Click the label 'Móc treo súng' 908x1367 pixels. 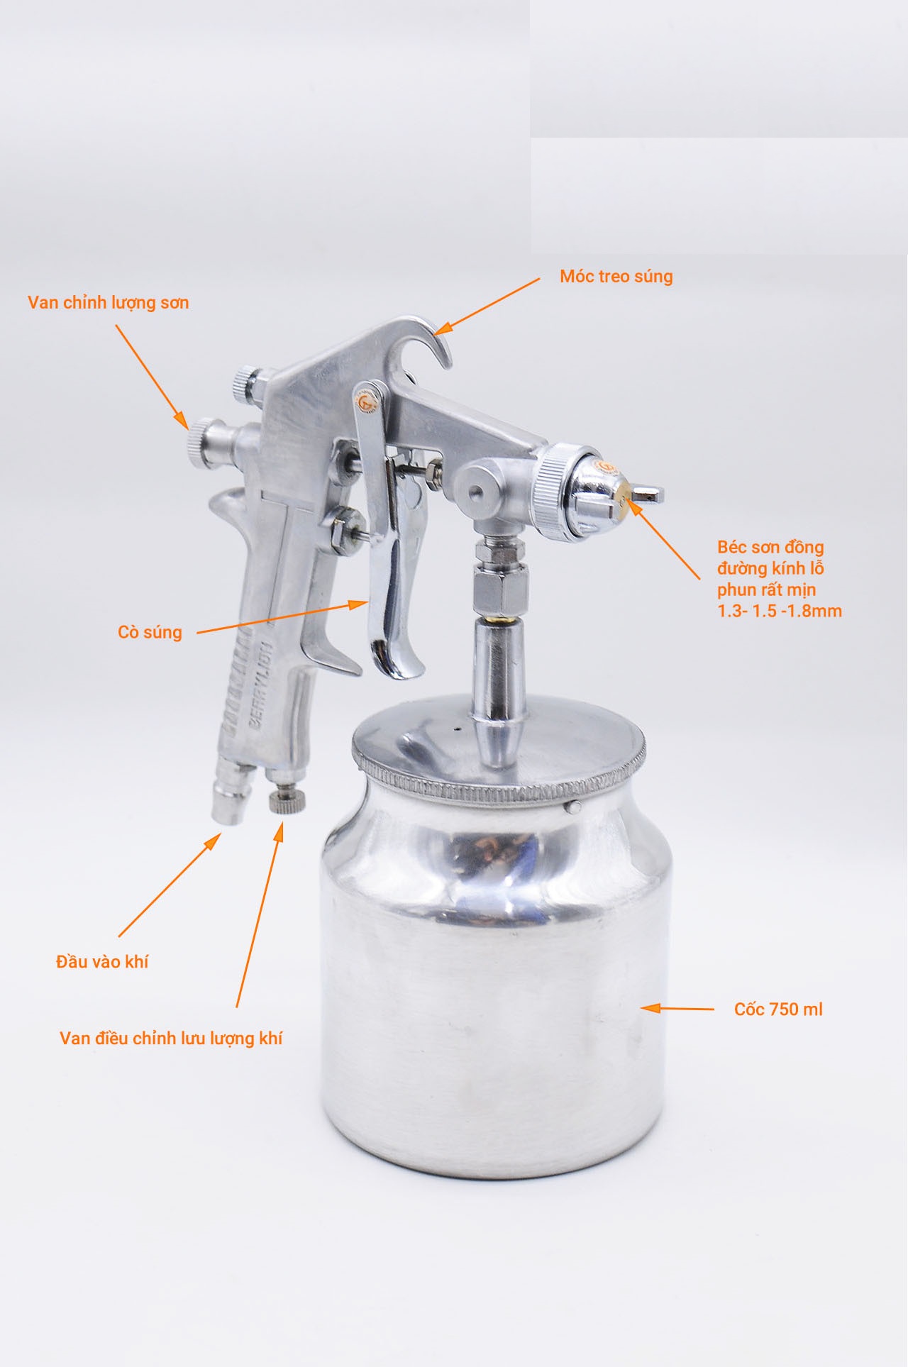pos(616,276)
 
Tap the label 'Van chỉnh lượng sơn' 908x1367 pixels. pos(109,303)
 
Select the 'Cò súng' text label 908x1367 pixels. pos(150,632)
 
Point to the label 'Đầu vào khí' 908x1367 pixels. pos(102,962)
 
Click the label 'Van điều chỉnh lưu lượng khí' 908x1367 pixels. pos(171,1039)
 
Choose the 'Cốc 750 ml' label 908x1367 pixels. pos(778,1009)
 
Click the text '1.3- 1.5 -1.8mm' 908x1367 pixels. pos(780,611)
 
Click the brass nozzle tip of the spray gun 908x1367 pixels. pos(625,492)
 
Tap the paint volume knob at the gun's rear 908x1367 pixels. pos(202,440)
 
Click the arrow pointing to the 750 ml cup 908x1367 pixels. pos(677,1007)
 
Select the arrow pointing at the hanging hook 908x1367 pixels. pos(487,306)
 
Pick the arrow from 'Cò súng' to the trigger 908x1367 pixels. pos(282,617)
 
